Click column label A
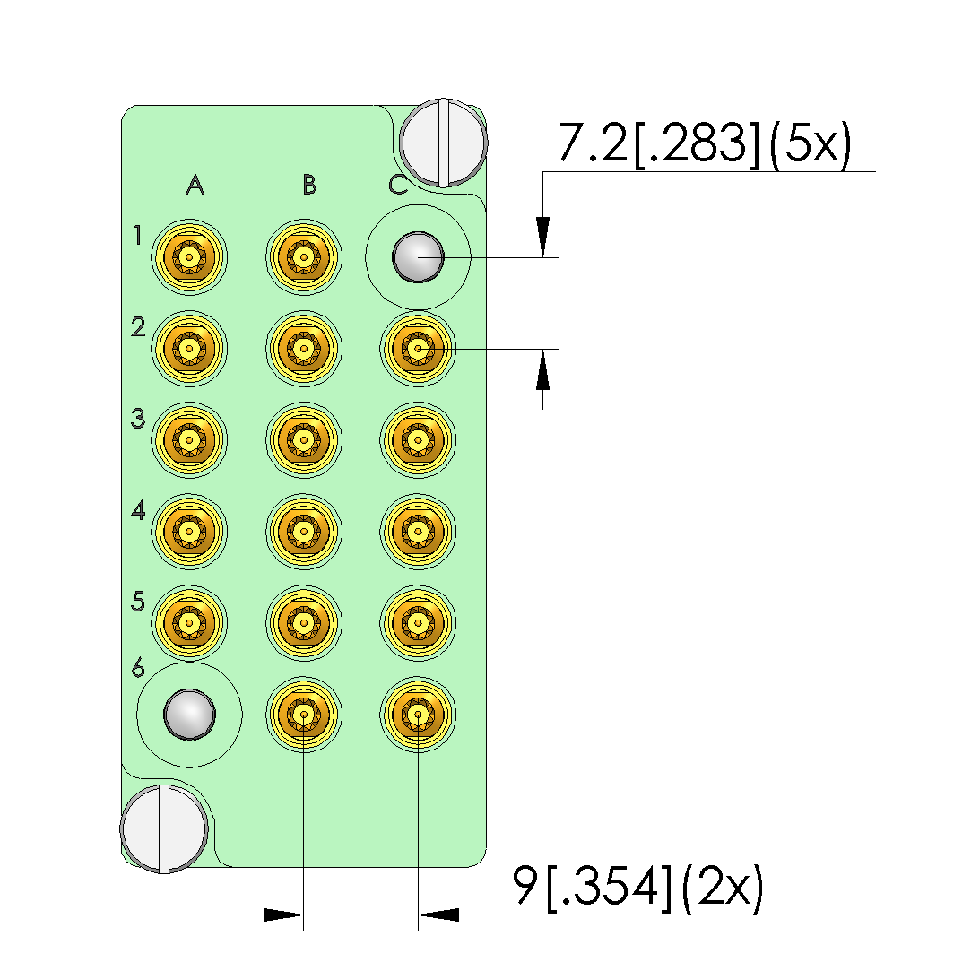pyautogui.click(x=195, y=185)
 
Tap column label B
pyautogui.click(x=309, y=185)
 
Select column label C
pyautogui.click(x=398, y=185)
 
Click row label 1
pyautogui.click(x=137, y=235)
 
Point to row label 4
pyautogui.click(x=138, y=510)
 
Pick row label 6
pyautogui.click(x=138, y=668)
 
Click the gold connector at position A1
pyautogui.click(x=189, y=257)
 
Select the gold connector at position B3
pyautogui.click(x=303, y=440)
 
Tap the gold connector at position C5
pyautogui.click(x=418, y=623)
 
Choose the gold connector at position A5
pyautogui.click(x=189, y=623)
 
